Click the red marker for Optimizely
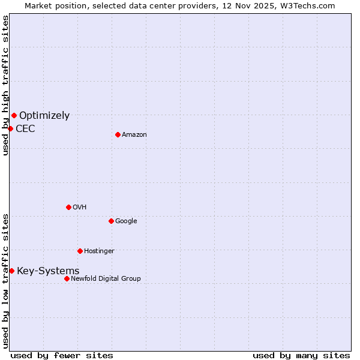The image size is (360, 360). pos(14,115)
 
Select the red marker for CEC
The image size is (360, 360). pos(10,128)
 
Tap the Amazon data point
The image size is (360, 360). pos(118,134)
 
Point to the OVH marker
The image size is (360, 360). pos(68,207)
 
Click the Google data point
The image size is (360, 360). pos(111,221)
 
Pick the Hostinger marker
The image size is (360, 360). pos(80,251)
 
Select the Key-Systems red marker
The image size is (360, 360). pos(11,271)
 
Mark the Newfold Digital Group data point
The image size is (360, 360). pos(67,278)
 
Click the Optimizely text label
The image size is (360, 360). pos(44,116)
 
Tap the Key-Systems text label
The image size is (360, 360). pos(48,271)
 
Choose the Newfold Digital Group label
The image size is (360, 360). pos(106,278)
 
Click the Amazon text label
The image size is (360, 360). pos(134,135)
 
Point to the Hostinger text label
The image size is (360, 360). pos(99,251)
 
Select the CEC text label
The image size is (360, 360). pos(25,129)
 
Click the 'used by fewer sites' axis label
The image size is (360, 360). pos(62,356)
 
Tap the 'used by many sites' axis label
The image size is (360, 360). pos(301,356)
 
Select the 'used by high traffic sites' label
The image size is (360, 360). pos(5,85)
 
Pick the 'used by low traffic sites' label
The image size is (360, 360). pos(5,280)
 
